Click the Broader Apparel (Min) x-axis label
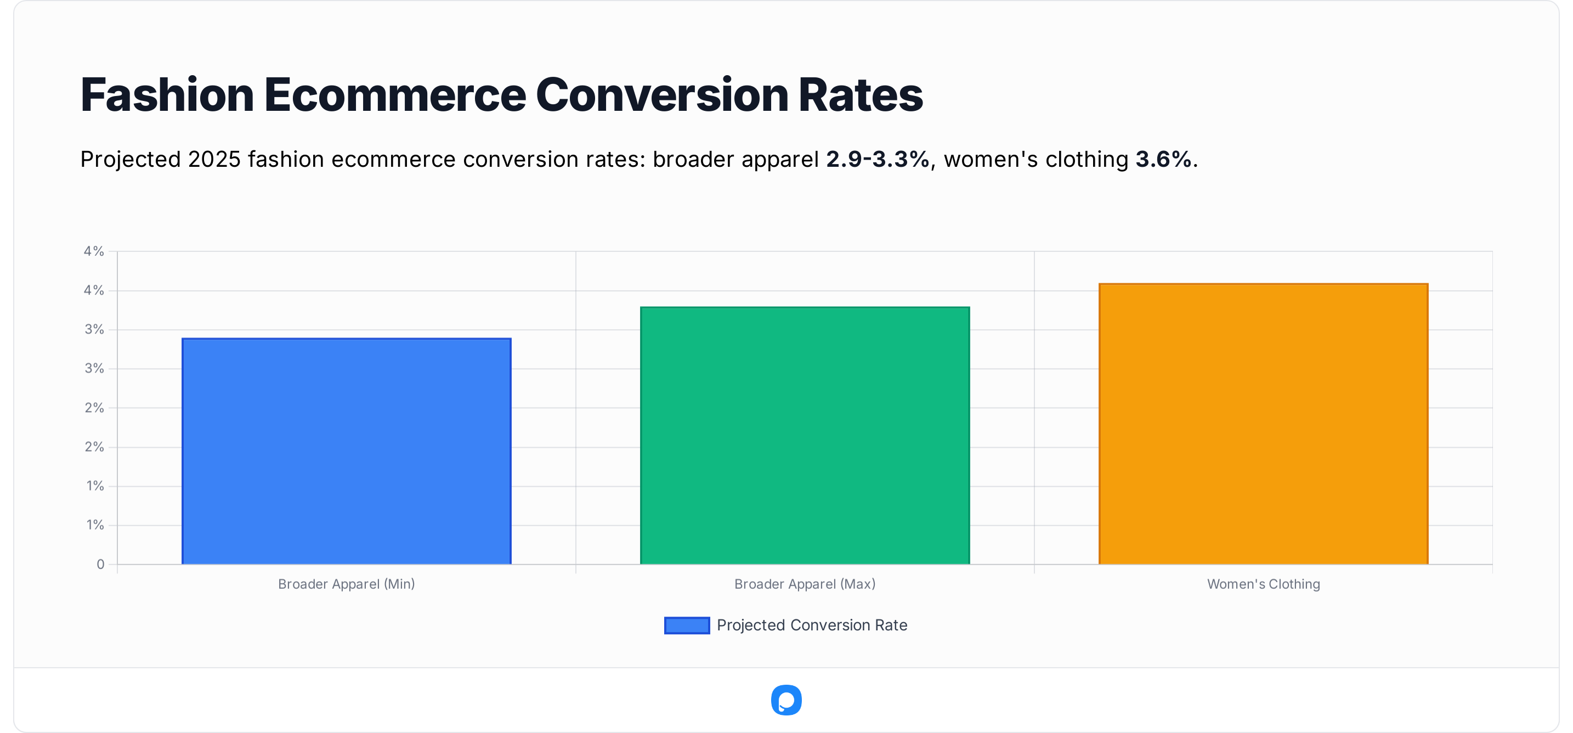(346, 584)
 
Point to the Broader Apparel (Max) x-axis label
(805, 584)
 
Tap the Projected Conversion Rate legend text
(812, 625)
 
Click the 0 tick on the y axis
(100, 565)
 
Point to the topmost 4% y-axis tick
(94, 251)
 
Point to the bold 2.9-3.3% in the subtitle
(878, 160)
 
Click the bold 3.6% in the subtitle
(1163, 160)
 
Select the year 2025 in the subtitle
(214, 160)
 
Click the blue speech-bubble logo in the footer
(786, 700)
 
